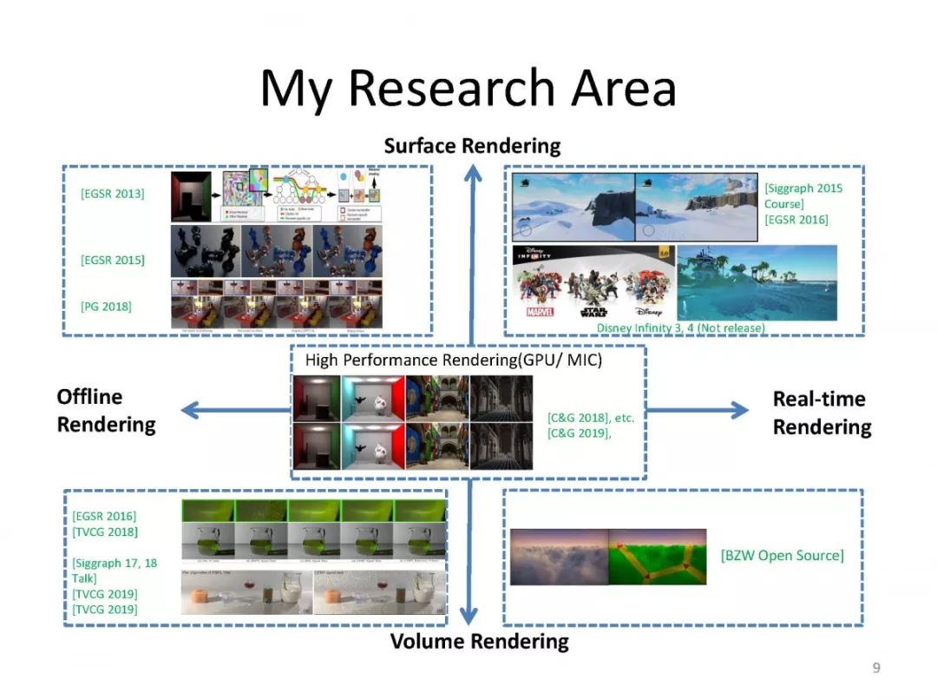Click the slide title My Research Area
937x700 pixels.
pyautogui.click(x=468, y=88)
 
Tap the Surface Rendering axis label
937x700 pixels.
pyautogui.click(x=472, y=145)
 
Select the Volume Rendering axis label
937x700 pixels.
pyautogui.click(x=479, y=642)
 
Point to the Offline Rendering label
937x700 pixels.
pyautogui.click(x=107, y=411)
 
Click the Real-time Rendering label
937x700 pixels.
pyautogui.click(x=822, y=413)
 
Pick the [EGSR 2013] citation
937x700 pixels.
pyautogui.click(x=113, y=193)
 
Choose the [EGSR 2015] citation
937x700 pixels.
pyautogui.click(x=113, y=260)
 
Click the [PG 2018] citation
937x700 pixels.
pyautogui.click(x=106, y=306)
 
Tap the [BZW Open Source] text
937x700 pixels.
pyautogui.click(x=782, y=554)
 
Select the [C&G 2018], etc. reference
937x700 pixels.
pyautogui.click(x=591, y=418)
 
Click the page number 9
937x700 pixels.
pyautogui.click(x=875, y=667)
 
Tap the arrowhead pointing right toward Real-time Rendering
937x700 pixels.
pyautogui.click(x=738, y=411)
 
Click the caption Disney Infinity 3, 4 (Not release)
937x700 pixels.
pyautogui.click(x=680, y=327)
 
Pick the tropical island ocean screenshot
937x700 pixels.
pyautogui.click(x=757, y=282)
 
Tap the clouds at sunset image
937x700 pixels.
pyautogui.click(x=559, y=556)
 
